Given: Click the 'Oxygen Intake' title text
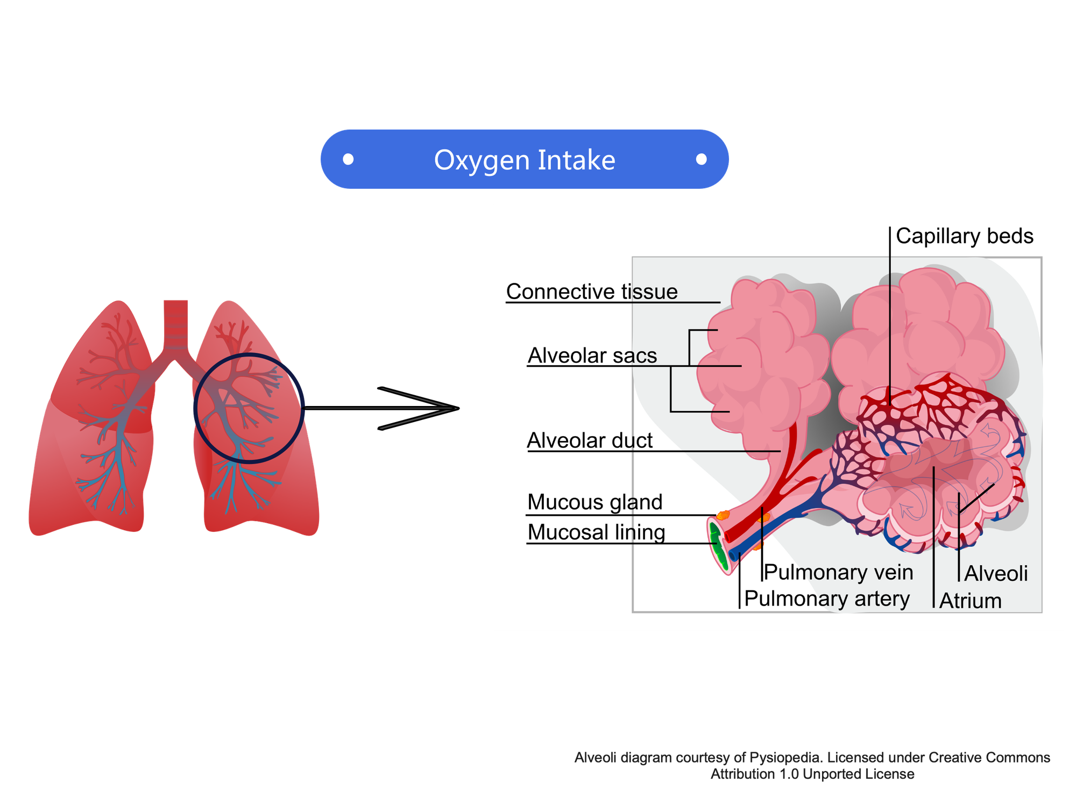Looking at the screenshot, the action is click(525, 160).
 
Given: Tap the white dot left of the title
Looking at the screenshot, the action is click(348, 159).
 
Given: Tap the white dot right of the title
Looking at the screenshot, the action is click(701, 159).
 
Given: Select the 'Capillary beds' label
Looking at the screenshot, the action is click(965, 237).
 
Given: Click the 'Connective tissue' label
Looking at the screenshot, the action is click(592, 291).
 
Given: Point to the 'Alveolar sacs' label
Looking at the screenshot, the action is click(592, 355).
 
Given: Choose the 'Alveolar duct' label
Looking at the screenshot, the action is click(590, 440).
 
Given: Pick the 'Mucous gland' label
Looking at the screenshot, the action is click(595, 502).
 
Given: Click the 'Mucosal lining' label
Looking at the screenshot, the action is click(596, 532).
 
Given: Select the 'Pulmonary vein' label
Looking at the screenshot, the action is click(839, 572).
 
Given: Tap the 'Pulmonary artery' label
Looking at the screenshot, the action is click(827, 599).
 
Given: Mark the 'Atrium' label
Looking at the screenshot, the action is click(971, 601).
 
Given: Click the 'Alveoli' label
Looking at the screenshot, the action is click(996, 574).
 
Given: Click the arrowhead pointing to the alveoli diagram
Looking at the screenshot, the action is click(420, 409).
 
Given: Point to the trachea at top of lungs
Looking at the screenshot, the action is click(176, 324).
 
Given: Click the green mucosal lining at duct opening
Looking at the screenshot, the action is click(717, 546).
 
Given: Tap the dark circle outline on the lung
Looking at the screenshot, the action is click(249, 408).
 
